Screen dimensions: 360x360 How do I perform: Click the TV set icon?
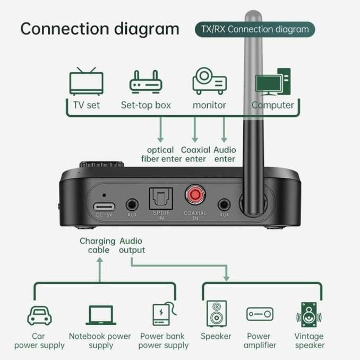pyautogui.click(x=86, y=81)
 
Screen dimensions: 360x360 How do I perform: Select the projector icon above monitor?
pyautogui.click(x=209, y=81)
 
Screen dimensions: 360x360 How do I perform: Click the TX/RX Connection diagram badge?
pyautogui.click(x=254, y=29)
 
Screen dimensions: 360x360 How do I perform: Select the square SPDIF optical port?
pyautogui.click(x=159, y=198)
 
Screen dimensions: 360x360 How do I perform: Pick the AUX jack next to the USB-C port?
pyautogui.click(x=132, y=204)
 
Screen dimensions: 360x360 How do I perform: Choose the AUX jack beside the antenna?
pyautogui.click(x=224, y=204)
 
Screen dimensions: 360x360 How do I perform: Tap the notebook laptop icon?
pyautogui.click(x=100, y=315)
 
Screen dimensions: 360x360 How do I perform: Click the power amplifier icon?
pyautogui.click(x=260, y=314)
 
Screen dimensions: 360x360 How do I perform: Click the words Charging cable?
pyautogui.click(x=98, y=245)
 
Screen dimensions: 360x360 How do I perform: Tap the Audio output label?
pyautogui.click(x=132, y=245)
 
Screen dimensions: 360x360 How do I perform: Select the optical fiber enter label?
pyautogui.click(x=161, y=154)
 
